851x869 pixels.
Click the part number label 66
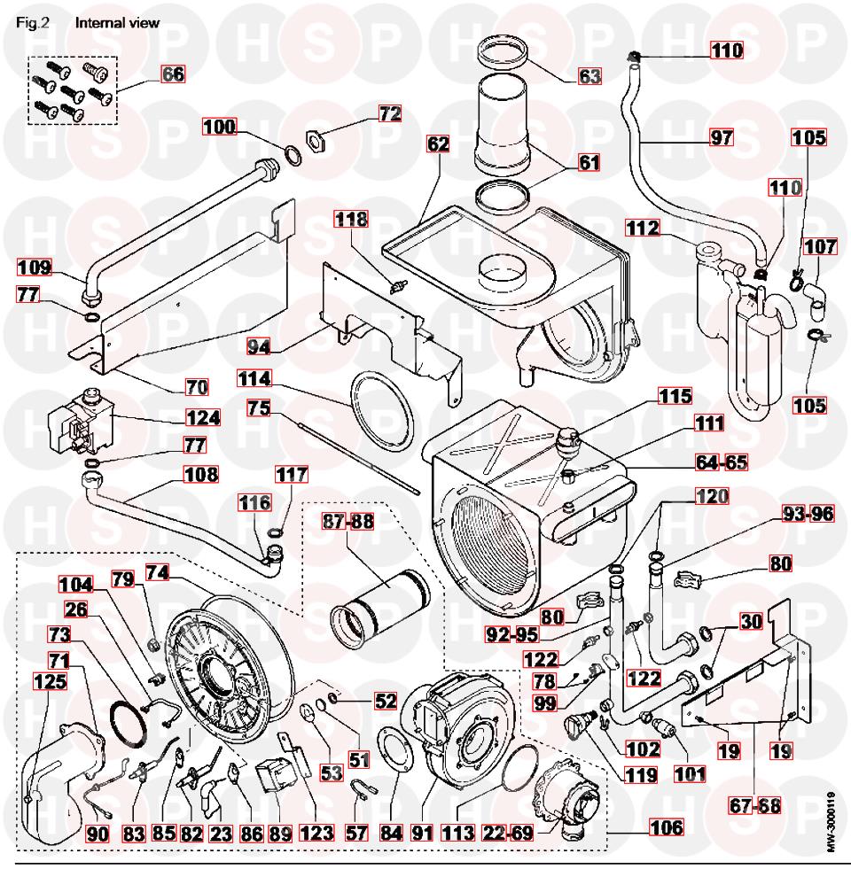coord(173,74)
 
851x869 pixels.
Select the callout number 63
coord(590,74)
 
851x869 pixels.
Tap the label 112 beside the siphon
coord(647,229)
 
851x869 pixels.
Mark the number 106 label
coord(665,828)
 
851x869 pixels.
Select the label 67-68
coord(756,807)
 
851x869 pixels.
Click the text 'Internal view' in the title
coord(118,23)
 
